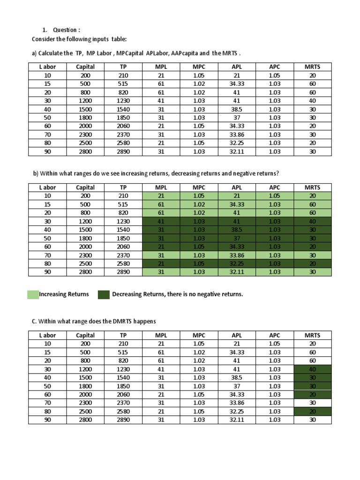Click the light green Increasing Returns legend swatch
click(33, 294)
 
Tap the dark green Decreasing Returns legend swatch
click(104, 294)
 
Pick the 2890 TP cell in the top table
click(123, 151)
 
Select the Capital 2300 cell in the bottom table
click(85, 403)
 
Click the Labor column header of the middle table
click(47, 187)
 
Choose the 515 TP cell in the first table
click(123, 83)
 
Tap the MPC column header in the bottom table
click(199, 335)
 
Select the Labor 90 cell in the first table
click(47, 151)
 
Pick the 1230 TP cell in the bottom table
click(123, 369)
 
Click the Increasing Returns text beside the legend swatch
click(64, 294)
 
